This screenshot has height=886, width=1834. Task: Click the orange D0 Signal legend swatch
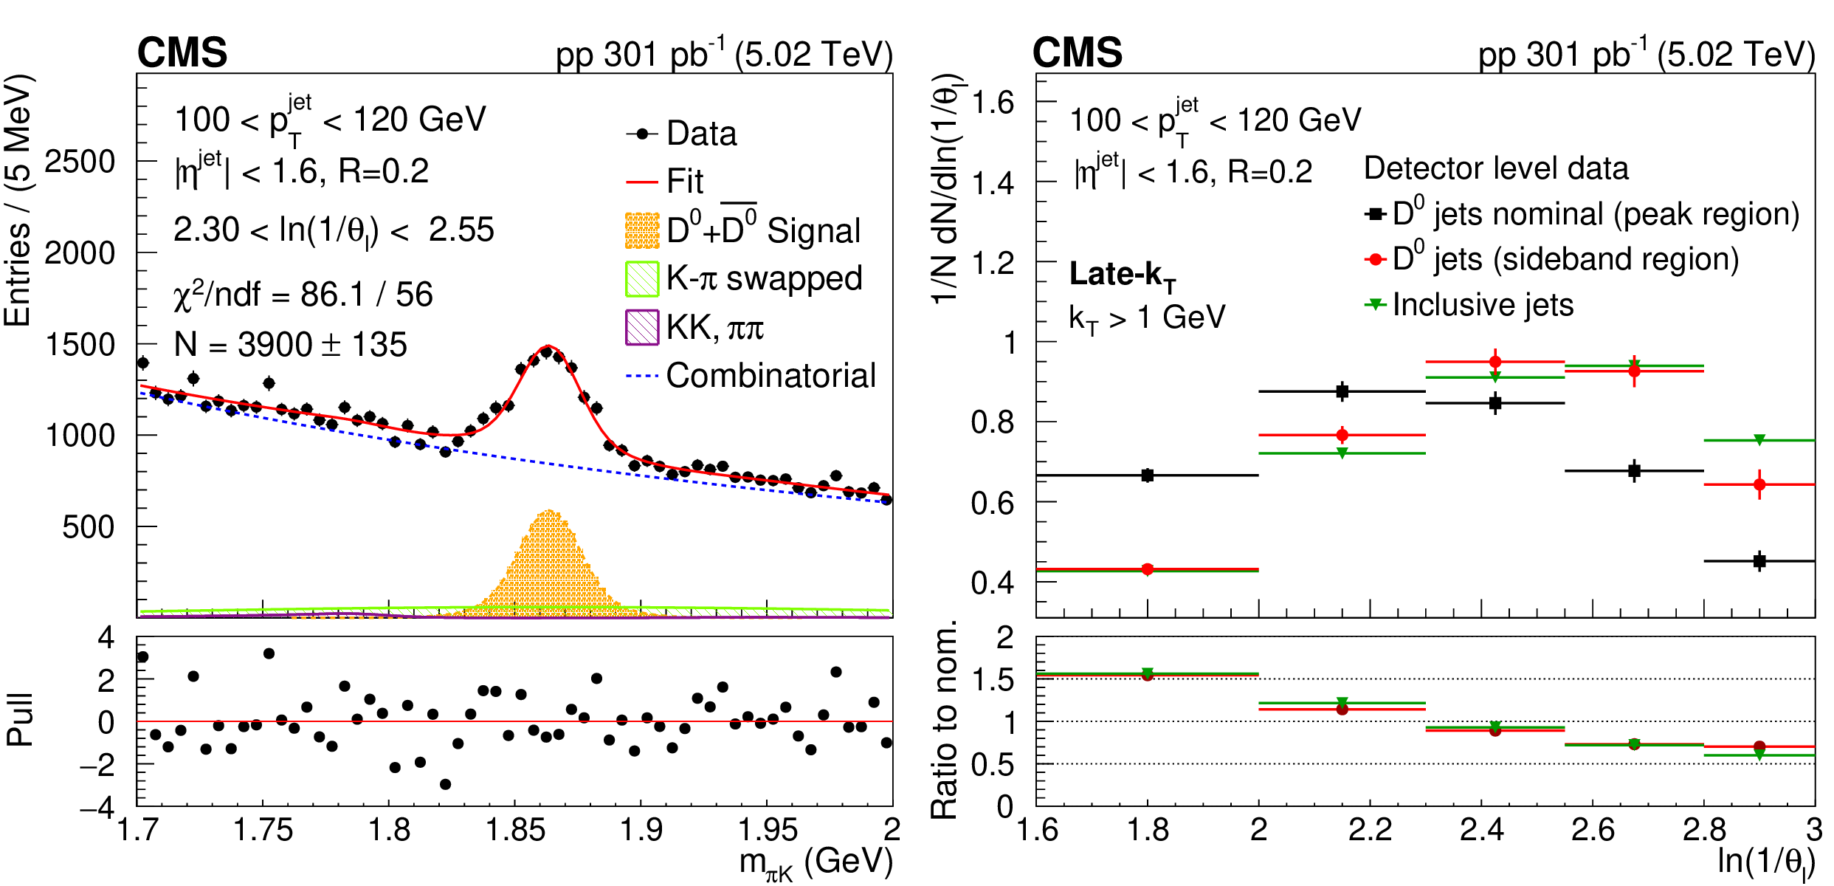[x=641, y=231]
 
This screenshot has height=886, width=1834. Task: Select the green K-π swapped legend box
[x=641, y=279]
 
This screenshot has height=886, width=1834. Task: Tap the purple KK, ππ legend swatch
[x=641, y=327]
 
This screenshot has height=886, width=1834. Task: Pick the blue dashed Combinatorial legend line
[x=641, y=376]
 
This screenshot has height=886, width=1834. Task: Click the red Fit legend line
[x=641, y=182]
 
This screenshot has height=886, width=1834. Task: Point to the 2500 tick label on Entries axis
[x=80, y=162]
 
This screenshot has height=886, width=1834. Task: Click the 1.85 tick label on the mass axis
[x=514, y=830]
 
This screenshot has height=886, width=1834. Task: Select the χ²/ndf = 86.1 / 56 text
[x=303, y=295]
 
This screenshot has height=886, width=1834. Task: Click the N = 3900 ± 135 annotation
[x=290, y=345]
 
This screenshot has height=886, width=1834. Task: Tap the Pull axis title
[x=20, y=720]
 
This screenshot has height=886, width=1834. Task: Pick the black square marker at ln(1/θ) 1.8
[x=1147, y=475]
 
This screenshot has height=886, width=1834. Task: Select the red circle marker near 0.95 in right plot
[x=1495, y=362]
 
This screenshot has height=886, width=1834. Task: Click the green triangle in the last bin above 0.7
[x=1759, y=440]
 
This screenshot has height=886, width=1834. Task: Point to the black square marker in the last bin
[x=1759, y=561]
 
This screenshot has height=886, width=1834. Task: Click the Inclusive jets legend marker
[x=1375, y=304]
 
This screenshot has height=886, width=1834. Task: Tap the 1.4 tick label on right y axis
[x=993, y=182]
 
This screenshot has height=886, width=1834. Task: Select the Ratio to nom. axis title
[x=944, y=720]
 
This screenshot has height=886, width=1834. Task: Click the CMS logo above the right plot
[x=1077, y=53]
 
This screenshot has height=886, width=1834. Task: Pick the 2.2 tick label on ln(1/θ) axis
[x=1370, y=830]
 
